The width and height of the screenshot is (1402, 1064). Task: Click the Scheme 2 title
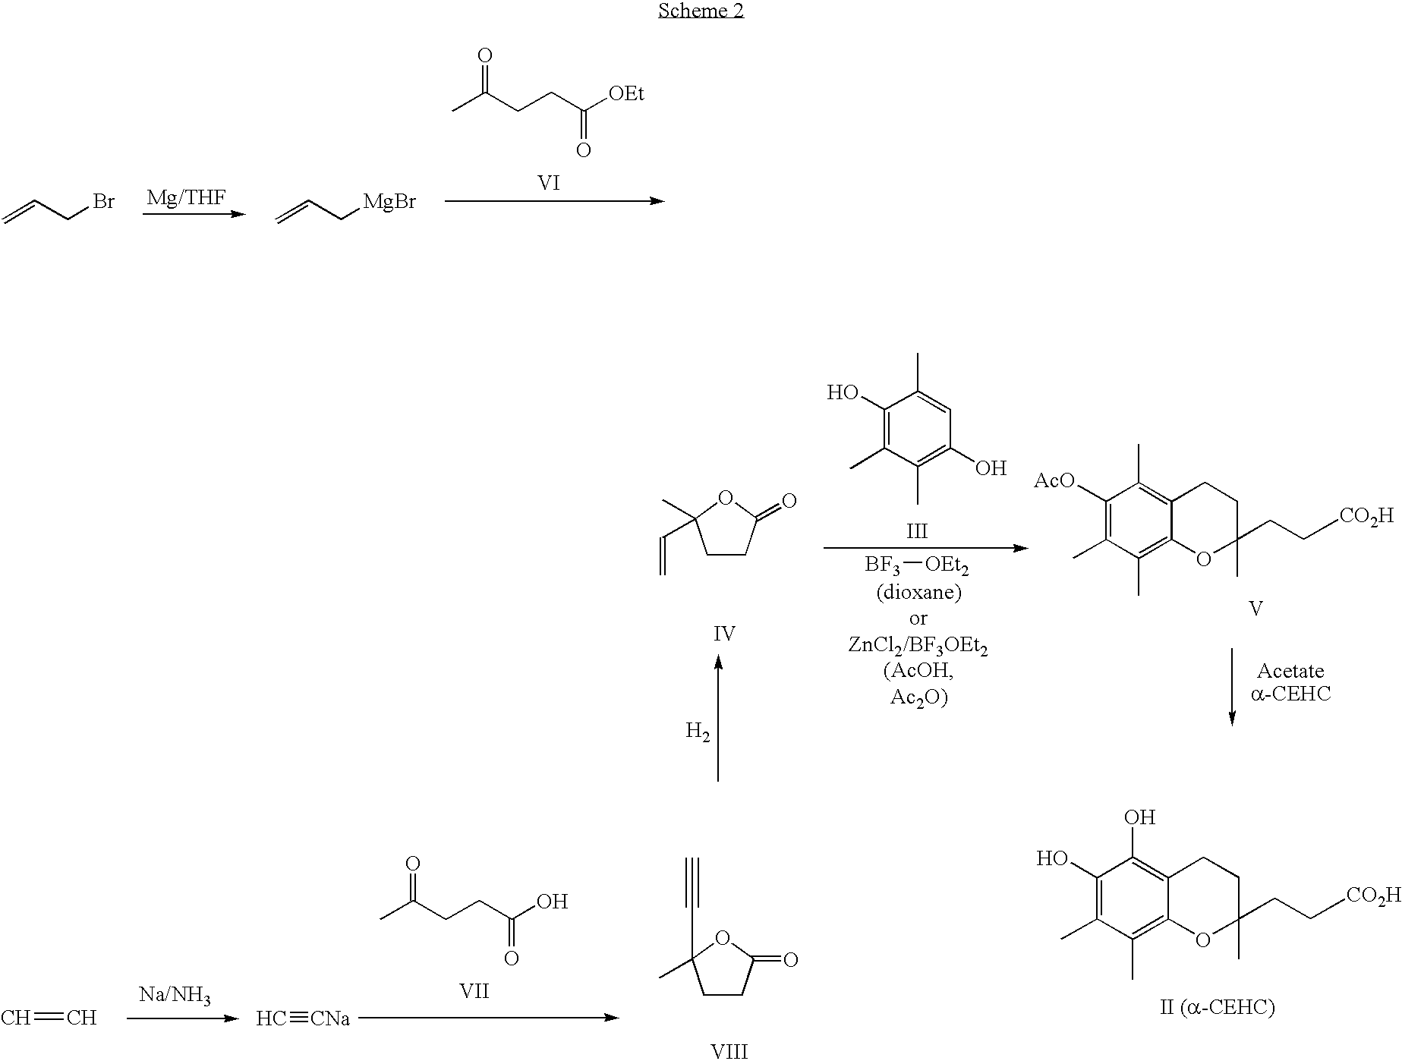701,11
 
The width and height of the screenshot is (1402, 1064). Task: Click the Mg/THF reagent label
186,198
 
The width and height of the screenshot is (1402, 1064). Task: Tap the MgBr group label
389,203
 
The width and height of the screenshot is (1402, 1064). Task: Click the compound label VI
548,183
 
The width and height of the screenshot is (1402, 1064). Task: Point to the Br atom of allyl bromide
103,203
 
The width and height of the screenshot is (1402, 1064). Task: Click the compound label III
917,530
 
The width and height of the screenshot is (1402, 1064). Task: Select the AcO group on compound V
1055,480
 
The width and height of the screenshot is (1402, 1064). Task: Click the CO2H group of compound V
1366,517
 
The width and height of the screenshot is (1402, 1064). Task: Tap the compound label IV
724,634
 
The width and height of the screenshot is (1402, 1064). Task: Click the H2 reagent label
698,732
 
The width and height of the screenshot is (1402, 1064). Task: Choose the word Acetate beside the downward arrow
1290,671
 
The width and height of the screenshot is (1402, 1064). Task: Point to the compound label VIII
729,1052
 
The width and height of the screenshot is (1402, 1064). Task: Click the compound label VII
474,990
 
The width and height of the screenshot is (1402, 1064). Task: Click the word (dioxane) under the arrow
918,591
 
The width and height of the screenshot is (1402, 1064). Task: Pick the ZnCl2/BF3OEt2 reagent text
918,646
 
